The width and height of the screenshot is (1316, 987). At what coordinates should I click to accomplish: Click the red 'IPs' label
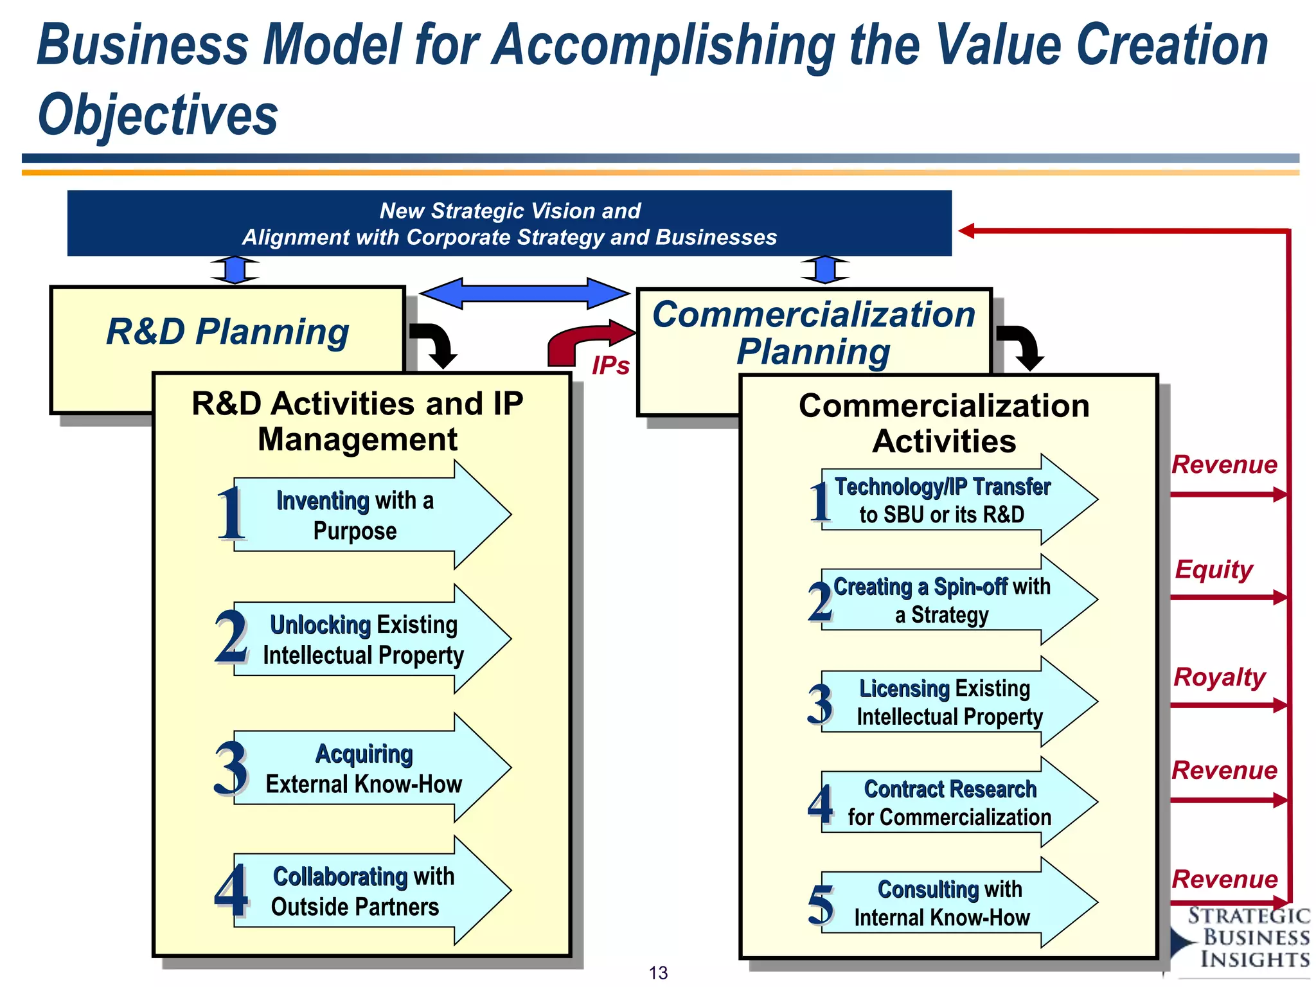610,366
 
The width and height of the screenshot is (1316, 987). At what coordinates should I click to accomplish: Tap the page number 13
658,973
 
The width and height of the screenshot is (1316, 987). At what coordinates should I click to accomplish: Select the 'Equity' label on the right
1213,569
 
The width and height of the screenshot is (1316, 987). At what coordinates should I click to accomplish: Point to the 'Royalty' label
1219,677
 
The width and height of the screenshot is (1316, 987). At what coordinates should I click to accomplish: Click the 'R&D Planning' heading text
227,332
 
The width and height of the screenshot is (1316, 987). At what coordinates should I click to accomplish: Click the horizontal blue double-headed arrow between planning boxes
524,294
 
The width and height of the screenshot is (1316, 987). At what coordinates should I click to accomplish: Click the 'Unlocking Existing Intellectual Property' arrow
366,639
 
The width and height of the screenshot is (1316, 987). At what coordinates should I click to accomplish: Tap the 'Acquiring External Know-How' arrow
366,768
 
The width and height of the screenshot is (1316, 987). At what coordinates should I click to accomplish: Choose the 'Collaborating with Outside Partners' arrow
366,891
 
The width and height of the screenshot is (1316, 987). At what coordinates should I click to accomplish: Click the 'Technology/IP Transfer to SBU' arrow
951,500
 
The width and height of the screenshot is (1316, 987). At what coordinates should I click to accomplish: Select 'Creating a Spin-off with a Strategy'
951,600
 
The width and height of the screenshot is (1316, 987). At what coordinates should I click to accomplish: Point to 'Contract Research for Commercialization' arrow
951,803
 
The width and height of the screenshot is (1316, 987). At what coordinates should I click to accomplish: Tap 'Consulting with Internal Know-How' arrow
951,903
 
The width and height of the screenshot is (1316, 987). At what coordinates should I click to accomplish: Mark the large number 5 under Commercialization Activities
821,905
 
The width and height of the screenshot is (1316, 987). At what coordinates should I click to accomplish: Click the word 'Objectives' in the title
157,114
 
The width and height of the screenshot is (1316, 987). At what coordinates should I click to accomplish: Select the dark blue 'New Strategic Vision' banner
509,224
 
